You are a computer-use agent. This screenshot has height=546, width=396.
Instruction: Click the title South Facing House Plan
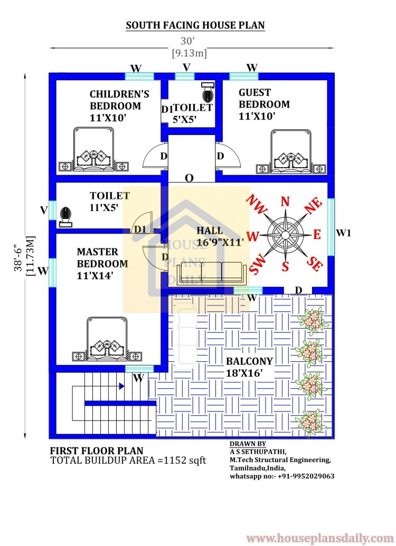point(195,25)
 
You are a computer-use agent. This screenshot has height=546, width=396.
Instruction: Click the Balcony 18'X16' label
point(249,367)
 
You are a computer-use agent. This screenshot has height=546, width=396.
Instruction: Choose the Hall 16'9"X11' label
point(220,236)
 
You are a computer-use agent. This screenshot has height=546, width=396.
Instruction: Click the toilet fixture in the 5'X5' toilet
point(208,92)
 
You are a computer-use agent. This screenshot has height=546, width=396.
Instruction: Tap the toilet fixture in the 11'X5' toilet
point(65,217)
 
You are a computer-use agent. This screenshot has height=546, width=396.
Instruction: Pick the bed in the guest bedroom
point(291,151)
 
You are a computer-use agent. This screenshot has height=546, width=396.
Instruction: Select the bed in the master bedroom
point(107,339)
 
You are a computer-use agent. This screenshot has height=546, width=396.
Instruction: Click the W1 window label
point(343,233)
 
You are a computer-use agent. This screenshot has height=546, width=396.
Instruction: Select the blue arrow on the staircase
point(121,386)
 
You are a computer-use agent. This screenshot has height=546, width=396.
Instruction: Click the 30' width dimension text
point(187,41)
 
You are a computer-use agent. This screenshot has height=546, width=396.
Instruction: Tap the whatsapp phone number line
point(281,476)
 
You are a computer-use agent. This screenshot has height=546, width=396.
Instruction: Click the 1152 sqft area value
point(185,461)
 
